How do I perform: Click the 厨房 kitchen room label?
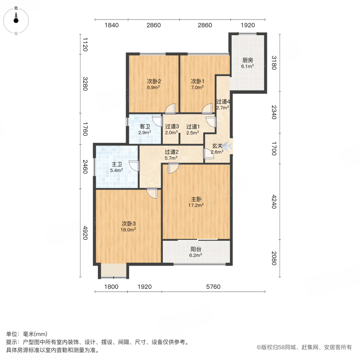(248, 60)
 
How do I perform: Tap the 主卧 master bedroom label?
(196, 199)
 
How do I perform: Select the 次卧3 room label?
(128, 223)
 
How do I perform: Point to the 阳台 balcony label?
(196, 249)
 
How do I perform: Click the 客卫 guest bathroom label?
(145, 126)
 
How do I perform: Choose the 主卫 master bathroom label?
(117, 164)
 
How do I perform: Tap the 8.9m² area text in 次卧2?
(153, 88)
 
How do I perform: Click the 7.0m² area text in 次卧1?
(197, 88)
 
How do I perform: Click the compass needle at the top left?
(16, 18)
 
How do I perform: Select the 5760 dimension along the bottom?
(213, 286)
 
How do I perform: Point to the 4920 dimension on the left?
(85, 233)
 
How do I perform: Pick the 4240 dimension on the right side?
(274, 202)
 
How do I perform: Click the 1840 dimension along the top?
(112, 25)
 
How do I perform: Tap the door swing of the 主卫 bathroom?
(134, 166)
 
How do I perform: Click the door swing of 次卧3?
(152, 193)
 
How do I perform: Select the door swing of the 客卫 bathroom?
(158, 121)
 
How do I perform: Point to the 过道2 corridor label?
(172, 152)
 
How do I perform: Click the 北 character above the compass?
(16, 8)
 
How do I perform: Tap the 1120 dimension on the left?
(85, 44)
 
